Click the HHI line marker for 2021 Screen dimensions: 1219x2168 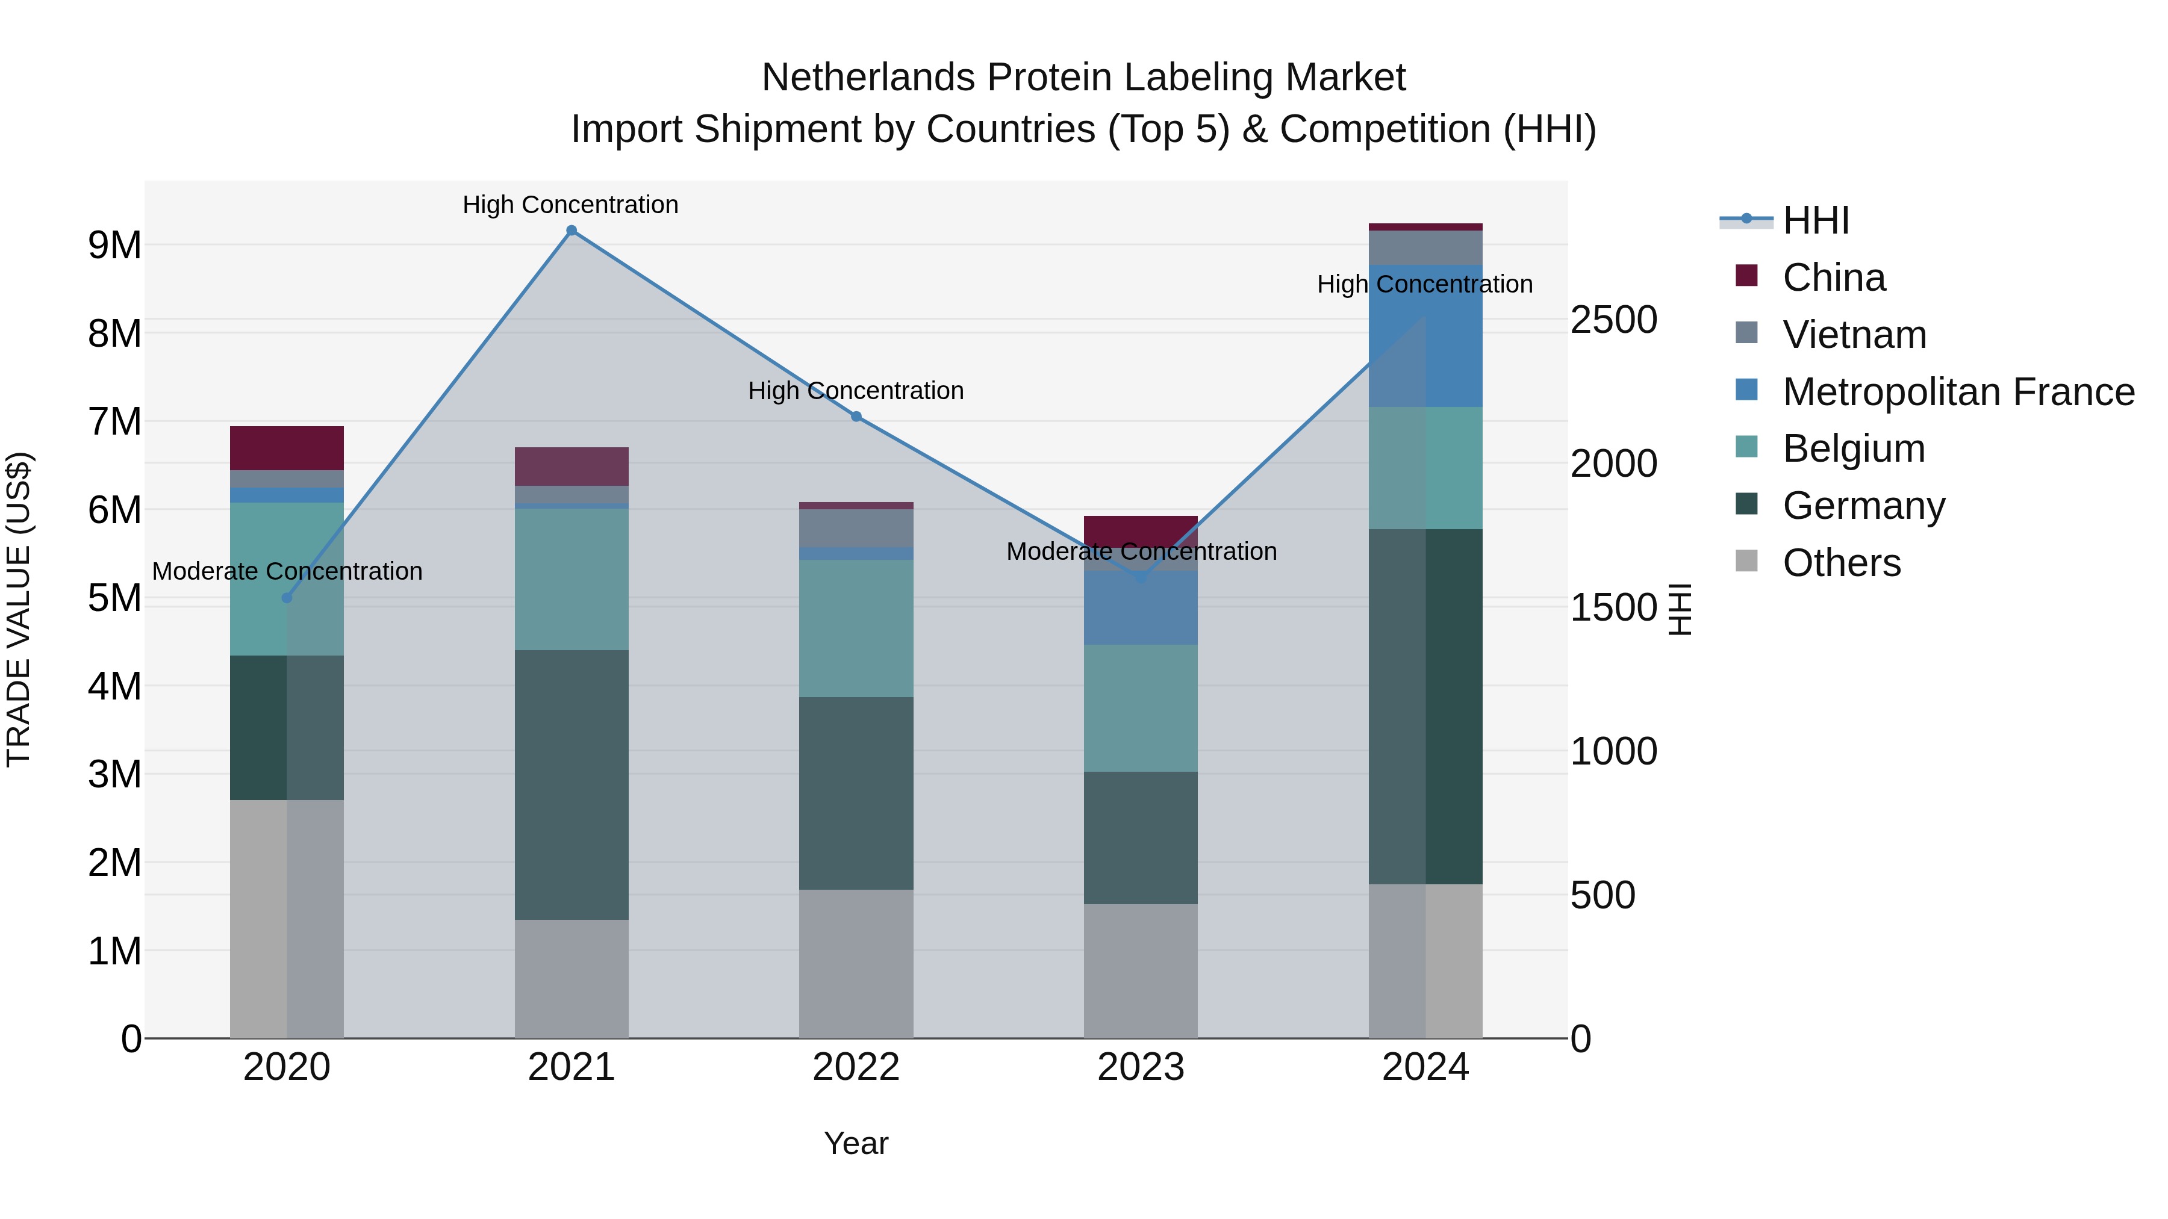pyautogui.click(x=572, y=231)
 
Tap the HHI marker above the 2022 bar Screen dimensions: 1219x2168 pyautogui.click(x=856, y=417)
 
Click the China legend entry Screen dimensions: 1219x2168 pyautogui.click(x=1834, y=278)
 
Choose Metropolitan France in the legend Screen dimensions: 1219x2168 pyautogui.click(x=1958, y=392)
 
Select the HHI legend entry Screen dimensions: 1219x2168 pyautogui.click(x=1815, y=220)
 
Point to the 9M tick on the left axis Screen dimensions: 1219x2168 pyautogui.click(x=114, y=246)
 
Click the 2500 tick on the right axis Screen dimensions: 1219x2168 pyautogui.click(x=1613, y=320)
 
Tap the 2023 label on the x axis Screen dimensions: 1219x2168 pyautogui.click(x=1141, y=1067)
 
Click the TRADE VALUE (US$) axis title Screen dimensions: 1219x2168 pyautogui.click(x=19, y=609)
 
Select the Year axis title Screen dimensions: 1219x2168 pyautogui.click(x=856, y=1143)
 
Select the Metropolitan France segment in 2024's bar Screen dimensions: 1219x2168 pyautogui.click(x=1425, y=337)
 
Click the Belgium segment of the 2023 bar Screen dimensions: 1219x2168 pyautogui.click(x=1141, y=709)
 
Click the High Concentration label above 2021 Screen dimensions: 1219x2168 pyautogui.click(x=571, y=205)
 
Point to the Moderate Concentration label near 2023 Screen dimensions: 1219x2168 pyautogui.click(x=1141, y=552)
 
